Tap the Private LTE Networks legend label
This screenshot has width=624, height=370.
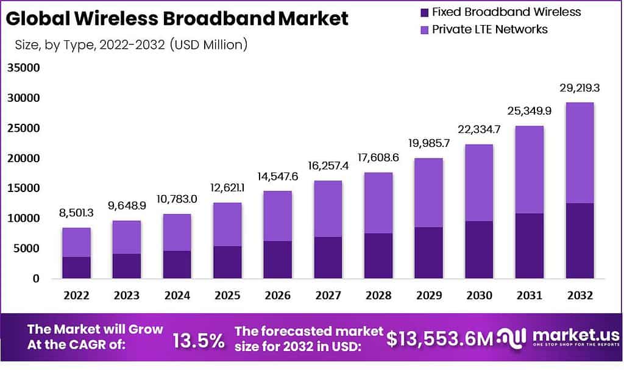pos(490,29)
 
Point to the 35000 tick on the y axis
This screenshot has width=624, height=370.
pos(23,68)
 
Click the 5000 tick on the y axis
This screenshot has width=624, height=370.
pos(26,248)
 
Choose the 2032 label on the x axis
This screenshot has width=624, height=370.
pos(580,296)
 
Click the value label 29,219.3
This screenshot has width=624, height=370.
pos(580,88)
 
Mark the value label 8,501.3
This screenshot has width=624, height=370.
pos(76,213)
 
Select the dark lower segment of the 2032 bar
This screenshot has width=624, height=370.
pos(580,241)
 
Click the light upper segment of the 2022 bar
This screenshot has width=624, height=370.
pos(76,243)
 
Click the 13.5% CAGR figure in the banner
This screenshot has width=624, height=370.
pos(198,341)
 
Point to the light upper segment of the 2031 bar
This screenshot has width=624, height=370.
pos(529,169)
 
